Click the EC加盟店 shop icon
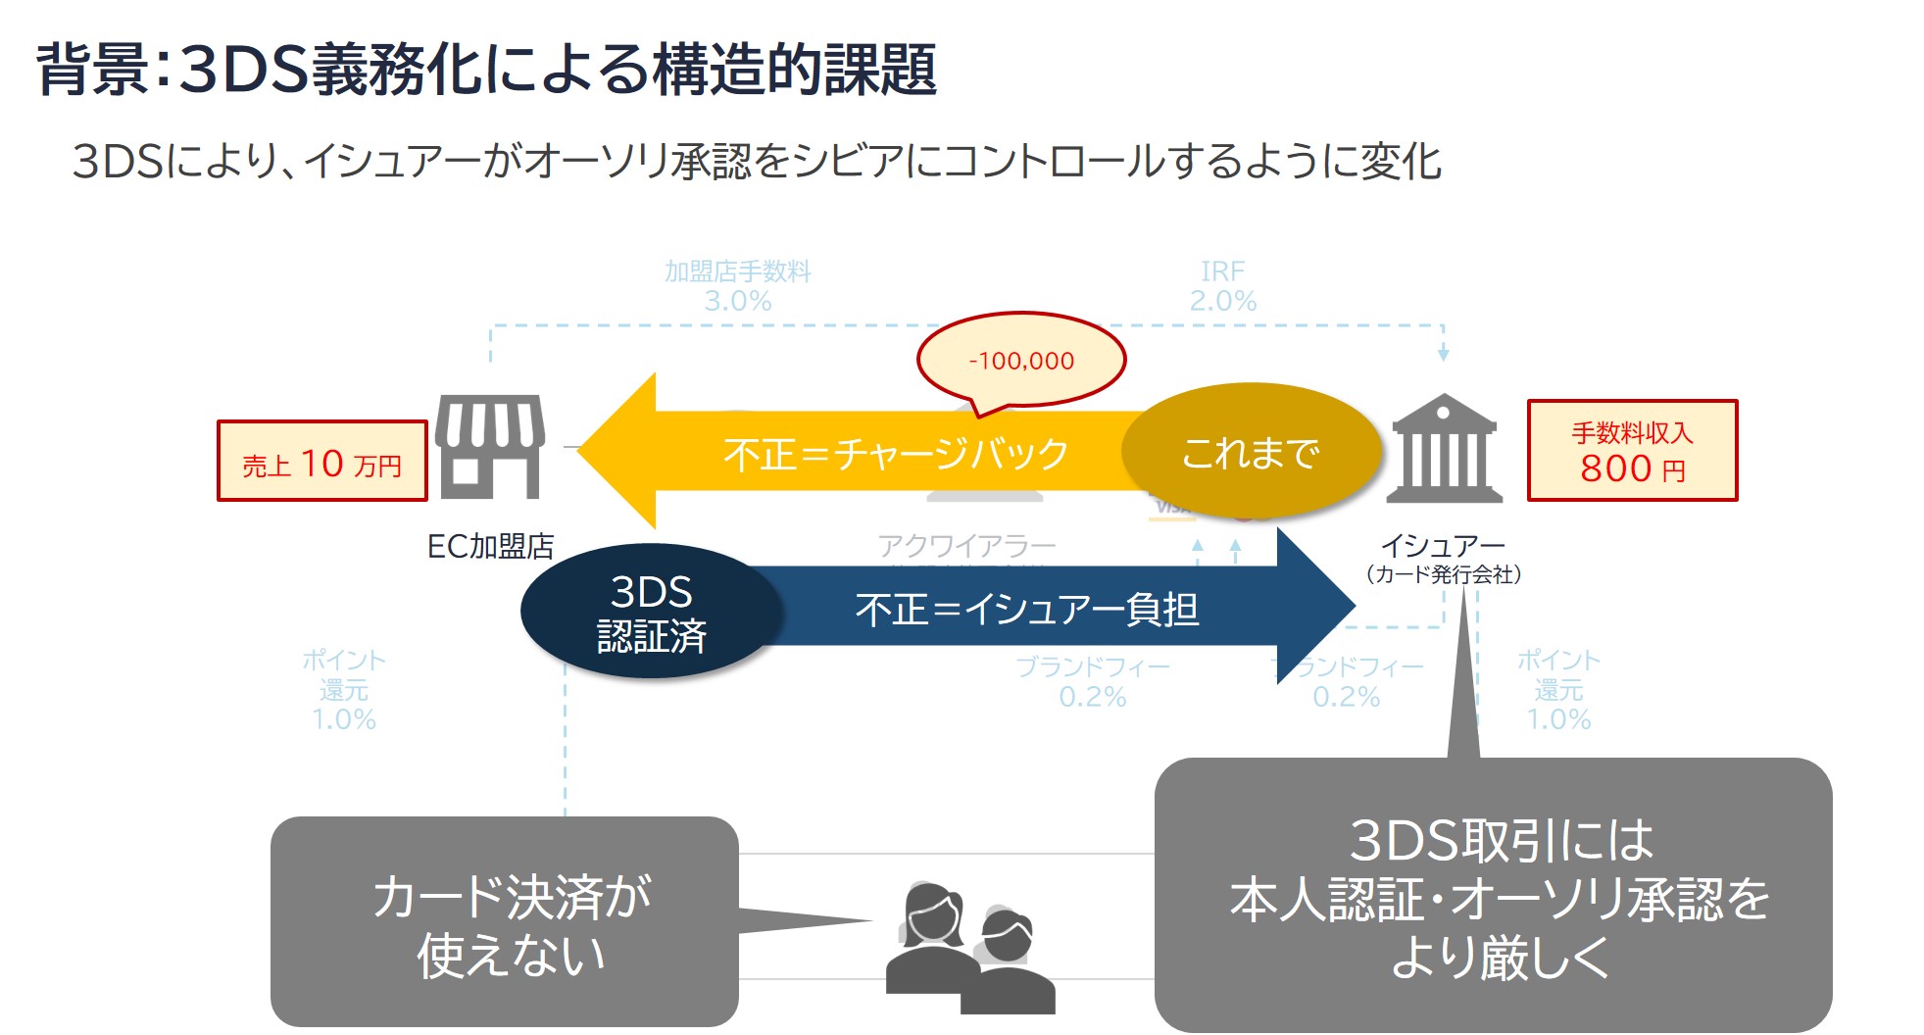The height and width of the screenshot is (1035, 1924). coord(490,447)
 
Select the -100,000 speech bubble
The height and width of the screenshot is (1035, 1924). coord(1021,360)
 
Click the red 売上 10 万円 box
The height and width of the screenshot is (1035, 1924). coord(321,462)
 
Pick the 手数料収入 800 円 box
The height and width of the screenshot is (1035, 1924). coord(1632,451)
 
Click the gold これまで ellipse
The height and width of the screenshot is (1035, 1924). coord(1251,452)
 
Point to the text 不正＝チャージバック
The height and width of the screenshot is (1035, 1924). coord(895,454)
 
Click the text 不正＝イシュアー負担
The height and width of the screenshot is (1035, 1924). coord(1026,609)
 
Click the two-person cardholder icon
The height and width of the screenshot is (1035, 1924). coord(969,949)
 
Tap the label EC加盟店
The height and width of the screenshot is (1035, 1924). coord(490,546)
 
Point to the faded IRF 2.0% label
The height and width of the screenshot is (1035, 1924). coord(1222,286)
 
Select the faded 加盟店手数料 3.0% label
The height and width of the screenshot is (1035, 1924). coord(738,286)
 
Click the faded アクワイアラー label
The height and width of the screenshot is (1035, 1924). coord(966,545)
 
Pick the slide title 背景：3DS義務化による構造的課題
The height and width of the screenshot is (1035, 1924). coord(486,70)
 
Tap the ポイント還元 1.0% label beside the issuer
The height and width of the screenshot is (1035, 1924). coord(1558,689)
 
